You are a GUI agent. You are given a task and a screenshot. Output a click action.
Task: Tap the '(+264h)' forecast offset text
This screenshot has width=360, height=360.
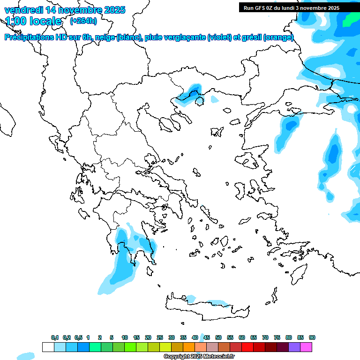pyautogui.click(x=83, y=21)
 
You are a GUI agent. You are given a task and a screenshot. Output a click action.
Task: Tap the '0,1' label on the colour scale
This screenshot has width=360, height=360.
pyautogui.click(x=55, y=337)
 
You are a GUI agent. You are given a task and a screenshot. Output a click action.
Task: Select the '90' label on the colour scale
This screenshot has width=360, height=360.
pyautogui.click(x=312, y=337)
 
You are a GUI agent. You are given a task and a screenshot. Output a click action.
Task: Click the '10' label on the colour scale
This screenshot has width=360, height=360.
pyautogui.click(x=125, y=337)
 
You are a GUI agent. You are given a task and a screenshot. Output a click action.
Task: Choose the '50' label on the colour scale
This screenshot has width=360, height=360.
pyautogui.click(x=218, y=337)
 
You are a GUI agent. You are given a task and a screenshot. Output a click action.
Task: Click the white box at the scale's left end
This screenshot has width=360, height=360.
pyautogui.click(x=48, y=347)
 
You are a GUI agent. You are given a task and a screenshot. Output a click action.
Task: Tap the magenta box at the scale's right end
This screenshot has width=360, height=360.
pyautogui.click(x=306, y=347)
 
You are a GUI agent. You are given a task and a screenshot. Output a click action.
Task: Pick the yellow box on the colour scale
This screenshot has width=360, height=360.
pyautogui.click(x=165, y=347)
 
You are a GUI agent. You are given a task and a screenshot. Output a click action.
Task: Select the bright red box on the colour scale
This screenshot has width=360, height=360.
pyautogui.click(x=247, y=347)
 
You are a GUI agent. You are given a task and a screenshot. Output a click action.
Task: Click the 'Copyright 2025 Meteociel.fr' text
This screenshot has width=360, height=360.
pyautogui.click(x=199, y=357)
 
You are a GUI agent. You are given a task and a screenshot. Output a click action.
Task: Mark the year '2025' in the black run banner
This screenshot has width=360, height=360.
pyautogui.click(x=333, y=8)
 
